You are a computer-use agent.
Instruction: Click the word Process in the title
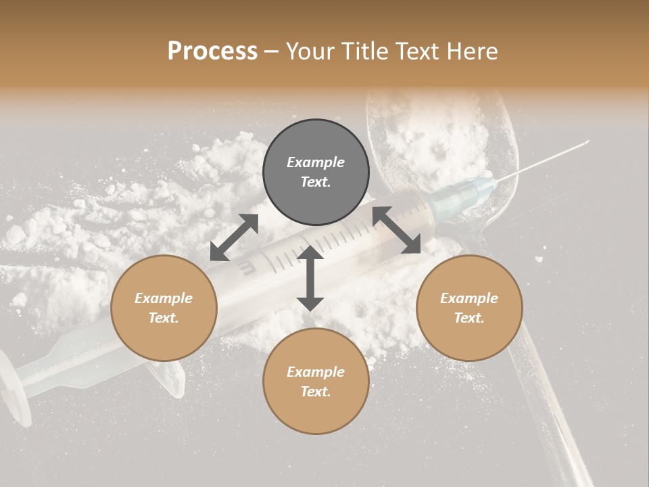(212, 51)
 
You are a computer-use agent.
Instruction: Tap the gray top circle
(316, 172)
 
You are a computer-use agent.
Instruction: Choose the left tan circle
(164, 308)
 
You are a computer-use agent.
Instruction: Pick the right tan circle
(469, 308)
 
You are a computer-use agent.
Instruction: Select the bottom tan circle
(316, 381)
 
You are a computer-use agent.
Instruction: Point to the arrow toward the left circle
(234, 237)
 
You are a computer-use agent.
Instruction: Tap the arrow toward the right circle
(397, 231)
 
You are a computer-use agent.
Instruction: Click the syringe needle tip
(587, 142)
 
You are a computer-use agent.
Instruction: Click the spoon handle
(548, 406)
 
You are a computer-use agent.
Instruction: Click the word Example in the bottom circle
(316, 371)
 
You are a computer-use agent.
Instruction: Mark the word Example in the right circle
(469, 298)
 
